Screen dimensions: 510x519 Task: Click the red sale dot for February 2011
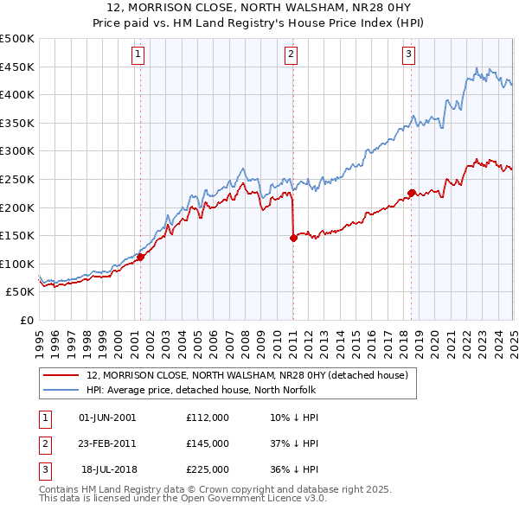[x=293, y=238]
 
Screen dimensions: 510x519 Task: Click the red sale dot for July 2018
[x=411, y=193]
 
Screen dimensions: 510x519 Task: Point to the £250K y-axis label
[x=17, y=180]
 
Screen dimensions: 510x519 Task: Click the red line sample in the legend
[x=61, y=375]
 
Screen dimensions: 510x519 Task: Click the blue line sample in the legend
[x=61, y=390]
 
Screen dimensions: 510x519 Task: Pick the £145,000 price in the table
[x=208, y=443]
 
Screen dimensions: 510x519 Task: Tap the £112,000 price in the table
[x=208, y=418]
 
